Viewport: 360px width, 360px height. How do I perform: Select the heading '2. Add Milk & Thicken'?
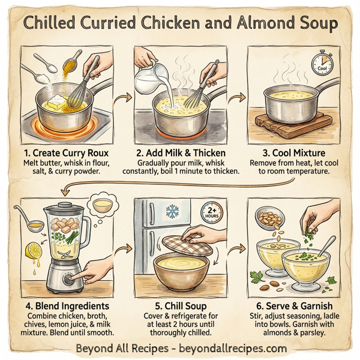(180, 152)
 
